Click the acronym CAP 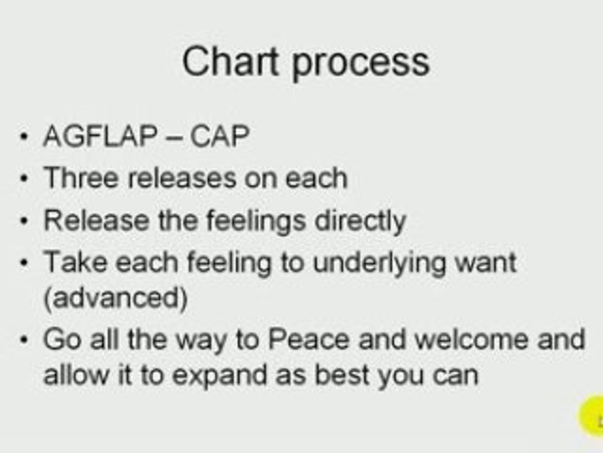tap(220, 136)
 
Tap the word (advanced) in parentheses tap(115, 299)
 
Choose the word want tap(489, 262)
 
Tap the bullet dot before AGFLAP tap(24, 137)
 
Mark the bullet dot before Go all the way tap(24, 342)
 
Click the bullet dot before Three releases tap(24, 179)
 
